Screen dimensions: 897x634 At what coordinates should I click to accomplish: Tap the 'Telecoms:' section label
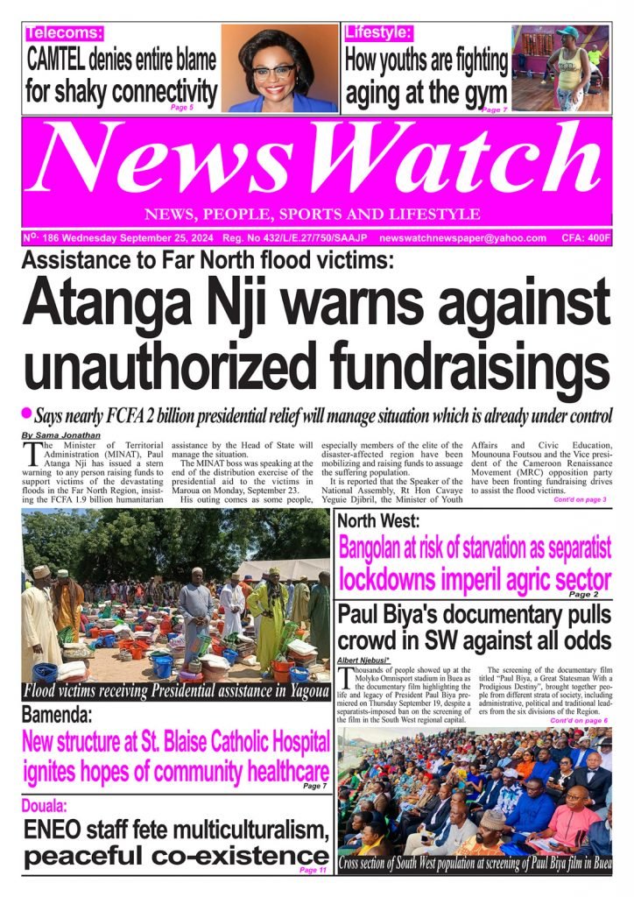tap(65, 33)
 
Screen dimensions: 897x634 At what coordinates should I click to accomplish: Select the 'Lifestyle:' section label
tap(378, 33)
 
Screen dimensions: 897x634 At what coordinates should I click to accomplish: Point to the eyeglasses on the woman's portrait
tap(273, 71)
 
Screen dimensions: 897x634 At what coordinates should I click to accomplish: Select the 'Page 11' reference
tap(313, 870)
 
